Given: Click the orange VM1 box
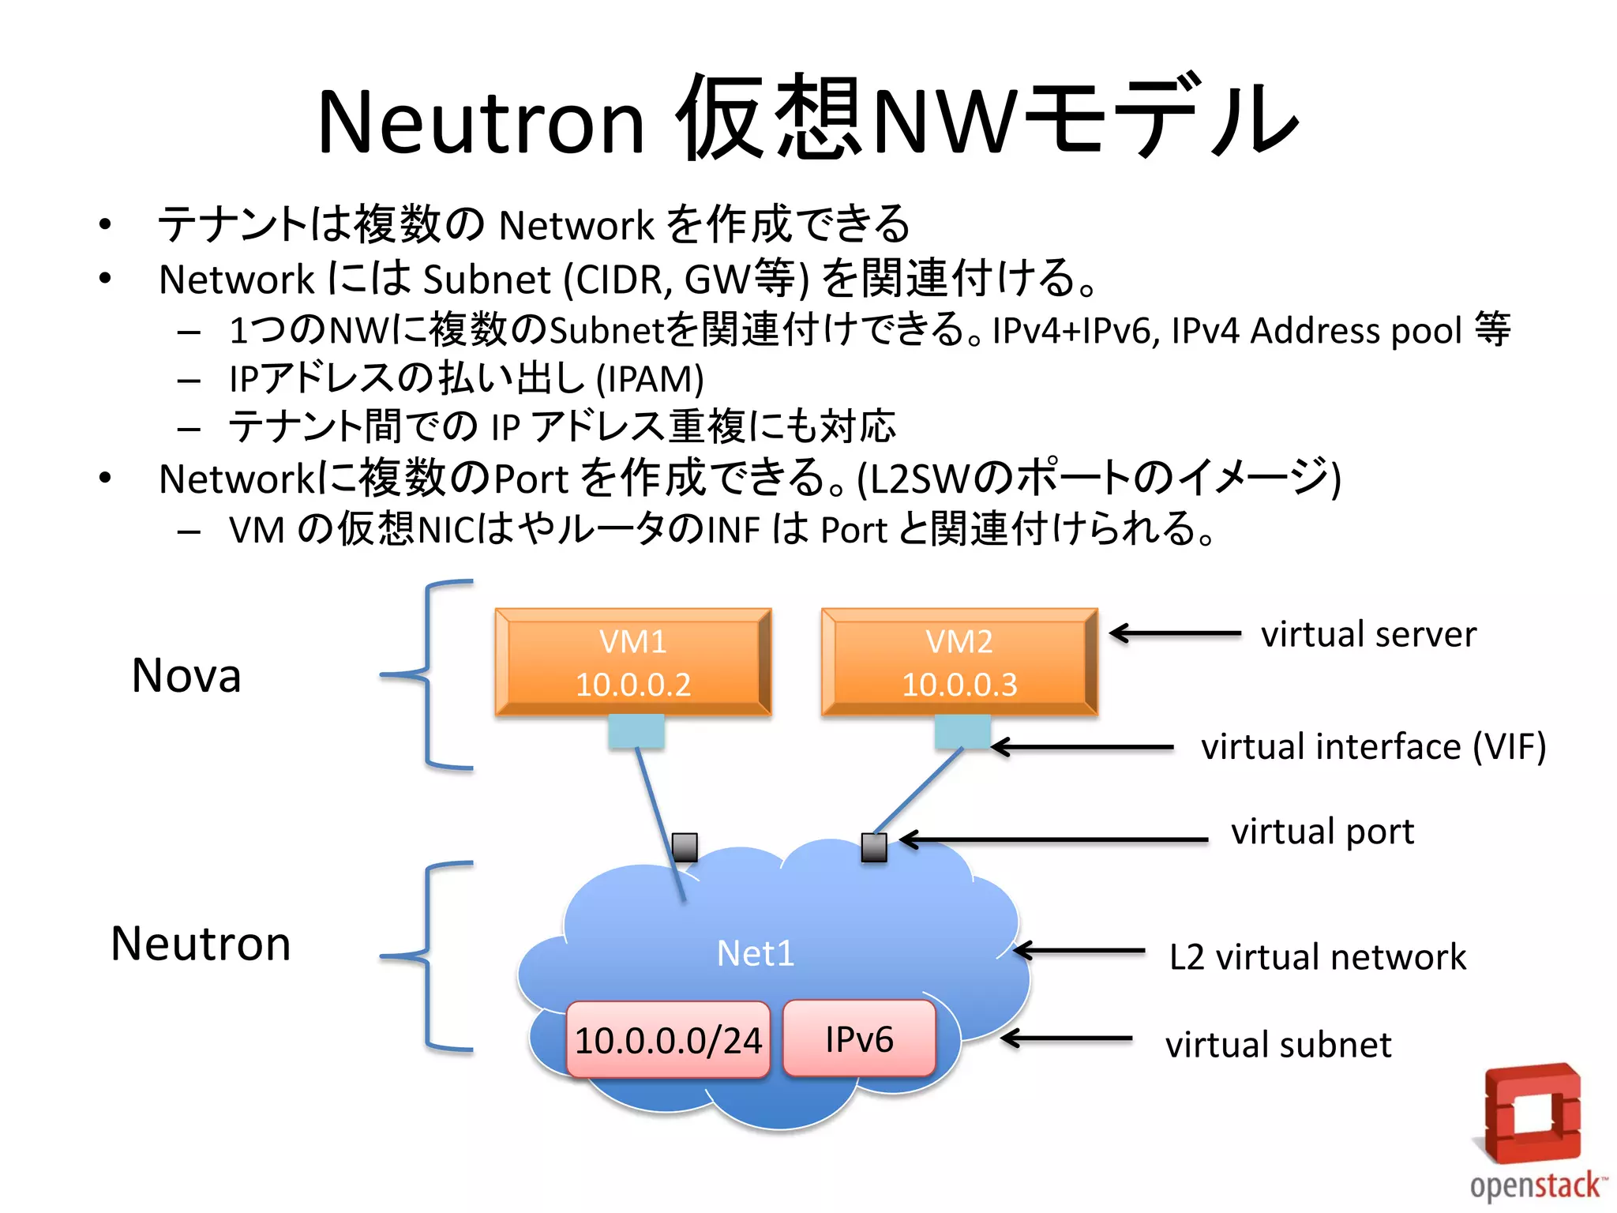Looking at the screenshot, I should coord(633,662).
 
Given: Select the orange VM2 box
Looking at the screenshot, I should coord(959,662).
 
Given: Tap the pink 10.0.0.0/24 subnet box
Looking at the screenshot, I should coord(668,1039).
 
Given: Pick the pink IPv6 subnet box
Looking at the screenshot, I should coord(859,1038).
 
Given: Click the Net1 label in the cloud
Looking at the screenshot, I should coord(756,953).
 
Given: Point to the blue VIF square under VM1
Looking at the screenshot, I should coord(636,731).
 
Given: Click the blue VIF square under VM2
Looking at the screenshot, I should coord(962,731).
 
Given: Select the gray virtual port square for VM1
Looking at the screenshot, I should coord(685,847).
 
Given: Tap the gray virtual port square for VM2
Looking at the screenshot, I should coord(874,847).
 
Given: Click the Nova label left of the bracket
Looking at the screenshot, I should coord(186,676).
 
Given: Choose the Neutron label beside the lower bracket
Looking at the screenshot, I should coord(201,944).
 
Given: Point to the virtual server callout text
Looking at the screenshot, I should coord(1368,634).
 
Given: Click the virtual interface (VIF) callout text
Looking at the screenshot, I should coord(1373,747).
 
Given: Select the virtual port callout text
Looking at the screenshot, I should coord(1322,832).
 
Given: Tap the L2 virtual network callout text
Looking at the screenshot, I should coord(1318,957).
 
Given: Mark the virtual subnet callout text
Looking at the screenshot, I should coord(1278,1045).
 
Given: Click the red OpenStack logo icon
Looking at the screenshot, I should coord(1532,1113).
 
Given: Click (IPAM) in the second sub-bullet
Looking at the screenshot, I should coord(650,379).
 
